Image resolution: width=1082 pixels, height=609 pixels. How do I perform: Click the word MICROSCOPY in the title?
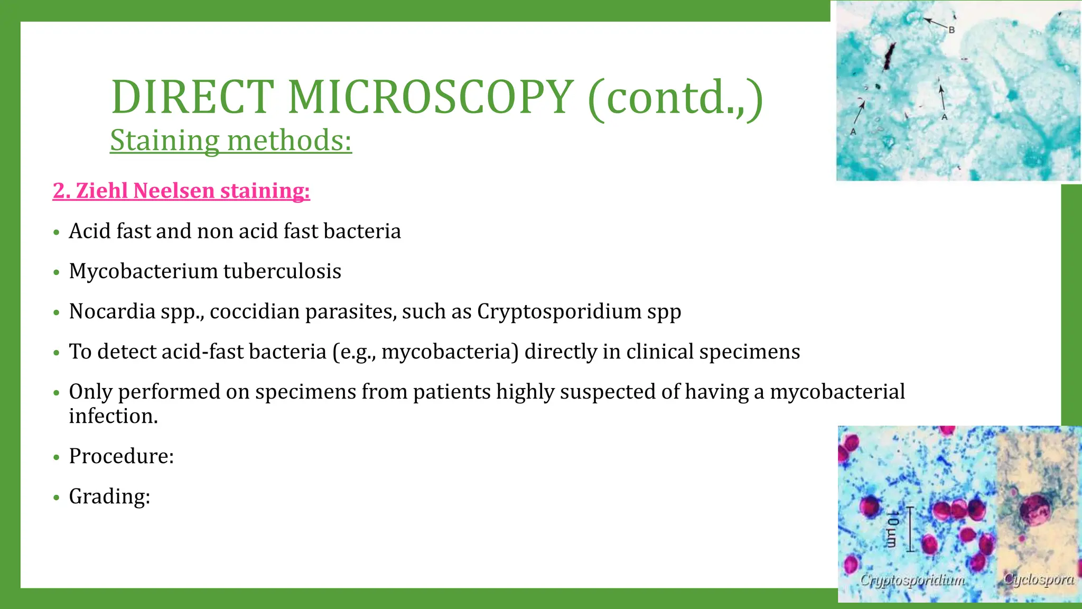[431, 97]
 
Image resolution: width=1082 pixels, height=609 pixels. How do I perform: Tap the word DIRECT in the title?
[193, 97]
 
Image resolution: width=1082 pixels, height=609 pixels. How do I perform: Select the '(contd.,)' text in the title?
[675, 98]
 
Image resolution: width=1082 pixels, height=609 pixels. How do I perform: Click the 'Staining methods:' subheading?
[231, 141]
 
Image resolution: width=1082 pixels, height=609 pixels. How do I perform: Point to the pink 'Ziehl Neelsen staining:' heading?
[181, 190]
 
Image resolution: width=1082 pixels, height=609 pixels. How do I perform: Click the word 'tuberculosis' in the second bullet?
[282, 271]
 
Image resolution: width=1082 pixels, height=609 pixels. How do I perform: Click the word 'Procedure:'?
[122, 456]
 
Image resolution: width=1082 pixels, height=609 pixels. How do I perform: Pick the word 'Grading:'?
[110, 496]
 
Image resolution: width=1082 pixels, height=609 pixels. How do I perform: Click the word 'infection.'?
[114, 416]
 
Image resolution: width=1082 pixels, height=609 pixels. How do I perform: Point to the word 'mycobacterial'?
[837, 392]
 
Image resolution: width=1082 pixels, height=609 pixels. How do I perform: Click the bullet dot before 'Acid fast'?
[57, 233]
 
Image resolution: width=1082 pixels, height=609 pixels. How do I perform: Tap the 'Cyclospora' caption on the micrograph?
[1039, 579]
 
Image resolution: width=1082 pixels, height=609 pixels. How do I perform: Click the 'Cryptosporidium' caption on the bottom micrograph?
[912, 580]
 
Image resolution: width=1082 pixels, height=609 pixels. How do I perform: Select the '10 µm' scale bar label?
[892, 529]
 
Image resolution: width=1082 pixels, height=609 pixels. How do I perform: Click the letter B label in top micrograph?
[952, 30]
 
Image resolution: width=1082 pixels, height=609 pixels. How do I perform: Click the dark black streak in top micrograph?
[890, 57]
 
